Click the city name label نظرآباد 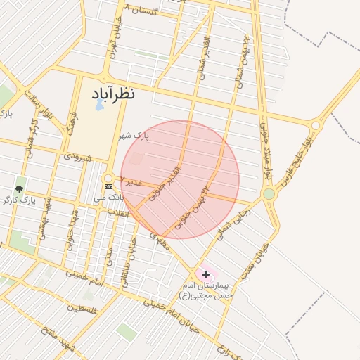coord(112,94)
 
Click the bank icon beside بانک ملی coord(108,186)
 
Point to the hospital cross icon coord(205,274)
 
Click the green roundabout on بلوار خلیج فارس coord(269,193)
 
